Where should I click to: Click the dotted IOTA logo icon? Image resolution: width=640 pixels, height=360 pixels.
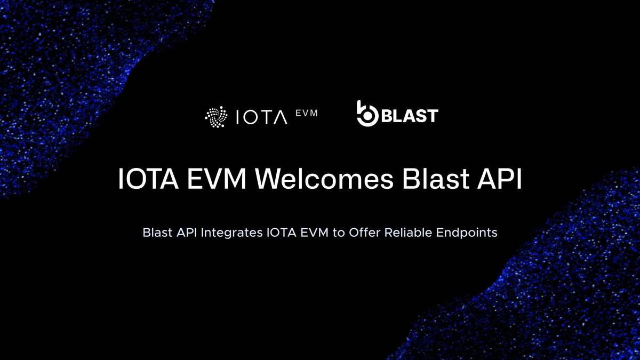(x=217, y=117)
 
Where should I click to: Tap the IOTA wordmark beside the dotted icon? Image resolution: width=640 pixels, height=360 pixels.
(x=262, y=117)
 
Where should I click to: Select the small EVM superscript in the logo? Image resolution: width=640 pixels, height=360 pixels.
(x=307, y=113)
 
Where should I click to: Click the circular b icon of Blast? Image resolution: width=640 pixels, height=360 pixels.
(x=367, y=114)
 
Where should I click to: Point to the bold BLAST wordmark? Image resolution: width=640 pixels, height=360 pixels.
(x=410, y=115)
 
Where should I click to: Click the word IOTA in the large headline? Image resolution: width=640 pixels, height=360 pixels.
(x=148, y=179)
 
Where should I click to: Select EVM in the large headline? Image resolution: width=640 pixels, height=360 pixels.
(x=217, y=179)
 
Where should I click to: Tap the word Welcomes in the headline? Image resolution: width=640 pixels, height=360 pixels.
(x=324, y=179)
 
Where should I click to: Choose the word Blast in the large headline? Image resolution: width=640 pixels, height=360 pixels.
(x=436, y=179)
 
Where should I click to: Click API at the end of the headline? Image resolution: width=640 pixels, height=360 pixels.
(x=499, y=179)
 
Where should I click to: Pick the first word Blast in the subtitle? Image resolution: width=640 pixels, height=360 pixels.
(x=157, y=233)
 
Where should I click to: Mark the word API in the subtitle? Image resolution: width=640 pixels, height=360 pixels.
(x=187, y=233)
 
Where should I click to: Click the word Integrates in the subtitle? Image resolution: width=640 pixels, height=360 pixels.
(x=231, y=233)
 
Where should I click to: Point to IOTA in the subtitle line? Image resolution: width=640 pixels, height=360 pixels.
(x=282, y=233)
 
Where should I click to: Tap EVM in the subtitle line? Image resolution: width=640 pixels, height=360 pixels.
(x=314, y=233)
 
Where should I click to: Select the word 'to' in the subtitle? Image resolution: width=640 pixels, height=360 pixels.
(x=339, y=233)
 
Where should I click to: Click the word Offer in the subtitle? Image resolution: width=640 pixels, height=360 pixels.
(x=365, y=233)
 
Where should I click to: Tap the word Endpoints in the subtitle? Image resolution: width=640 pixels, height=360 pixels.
(x=467, y=233)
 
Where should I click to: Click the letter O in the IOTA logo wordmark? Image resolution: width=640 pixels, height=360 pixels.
(x=251, y=117)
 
